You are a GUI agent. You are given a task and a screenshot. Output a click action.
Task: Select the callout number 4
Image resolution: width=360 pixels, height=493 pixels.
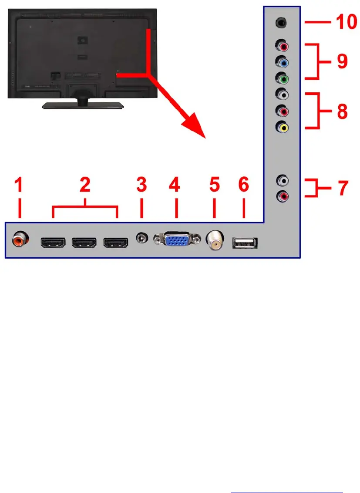coord(174,187)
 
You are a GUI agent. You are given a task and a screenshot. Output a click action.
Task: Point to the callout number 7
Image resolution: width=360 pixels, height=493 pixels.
coord(342,188)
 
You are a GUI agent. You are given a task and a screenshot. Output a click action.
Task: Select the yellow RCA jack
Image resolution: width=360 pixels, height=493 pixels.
coord(283,128)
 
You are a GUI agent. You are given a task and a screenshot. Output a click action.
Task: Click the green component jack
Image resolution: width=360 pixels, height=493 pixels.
coord(283,79)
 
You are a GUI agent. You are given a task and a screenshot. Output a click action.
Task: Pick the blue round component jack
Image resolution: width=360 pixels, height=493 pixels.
coord(283,62)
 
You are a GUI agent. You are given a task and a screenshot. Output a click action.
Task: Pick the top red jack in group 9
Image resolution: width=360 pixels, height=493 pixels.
coord(283,45)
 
